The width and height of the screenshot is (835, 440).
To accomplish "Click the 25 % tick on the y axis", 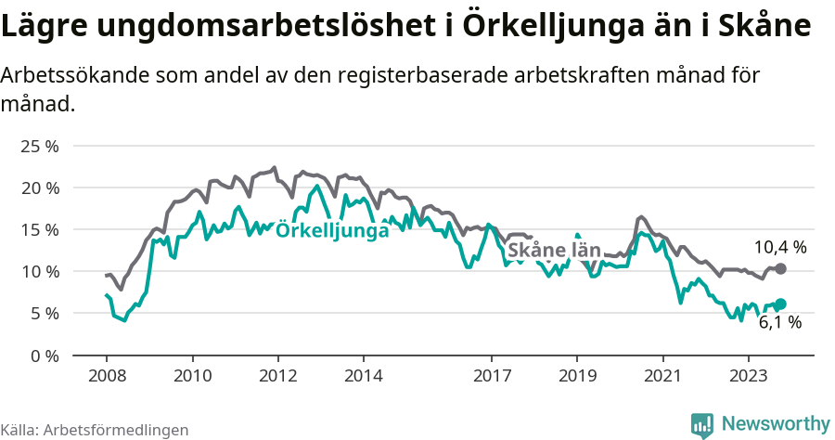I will [x=39, y=146].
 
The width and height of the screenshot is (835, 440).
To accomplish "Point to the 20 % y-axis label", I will [x=39, y=188].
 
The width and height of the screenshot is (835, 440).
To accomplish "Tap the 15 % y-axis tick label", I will [x=39, y=229].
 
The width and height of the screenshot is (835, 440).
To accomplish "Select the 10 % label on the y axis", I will [x=39, y=271].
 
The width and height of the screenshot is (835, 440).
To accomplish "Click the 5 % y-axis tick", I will [x=44, y=313].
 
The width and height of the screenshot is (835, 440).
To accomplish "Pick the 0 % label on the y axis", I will [x=44, y=355].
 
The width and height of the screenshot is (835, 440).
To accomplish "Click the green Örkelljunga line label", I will [x=332, y=231].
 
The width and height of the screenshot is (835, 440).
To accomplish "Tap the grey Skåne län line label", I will [x=554, y=251].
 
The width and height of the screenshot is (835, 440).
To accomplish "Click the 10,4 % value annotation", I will [x=779, y=247].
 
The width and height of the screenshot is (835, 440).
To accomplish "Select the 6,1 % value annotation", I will [x=779, y=322].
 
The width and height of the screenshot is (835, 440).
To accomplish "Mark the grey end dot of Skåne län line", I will [x=781, y=268].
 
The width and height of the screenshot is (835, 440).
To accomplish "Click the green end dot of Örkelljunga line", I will [x=781, y=304].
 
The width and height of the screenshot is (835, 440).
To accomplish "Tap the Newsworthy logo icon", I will [x=702, y=424].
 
